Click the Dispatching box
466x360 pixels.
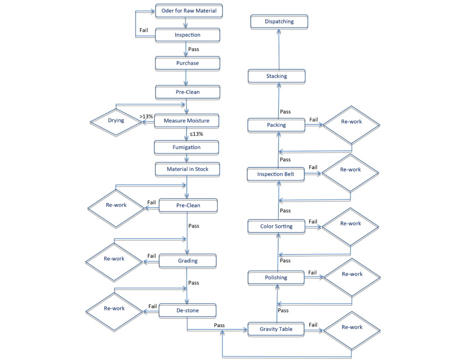coord(279,21)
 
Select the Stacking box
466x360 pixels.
coord(276,76)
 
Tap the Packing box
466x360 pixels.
coord(276,125)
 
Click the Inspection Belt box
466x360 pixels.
coord(276,174)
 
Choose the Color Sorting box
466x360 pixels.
coord(276,226)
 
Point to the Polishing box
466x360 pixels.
coord(276,277)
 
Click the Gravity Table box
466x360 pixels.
coord(276,329)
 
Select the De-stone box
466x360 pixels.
coord(187,310)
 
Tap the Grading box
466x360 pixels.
coord(187,261)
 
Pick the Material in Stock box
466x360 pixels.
coord(187,169)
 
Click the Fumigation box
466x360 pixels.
coord(187,147)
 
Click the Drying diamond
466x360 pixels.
coord(116,122)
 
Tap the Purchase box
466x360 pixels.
coord(187,63)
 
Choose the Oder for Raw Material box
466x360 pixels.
coord(189,10)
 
